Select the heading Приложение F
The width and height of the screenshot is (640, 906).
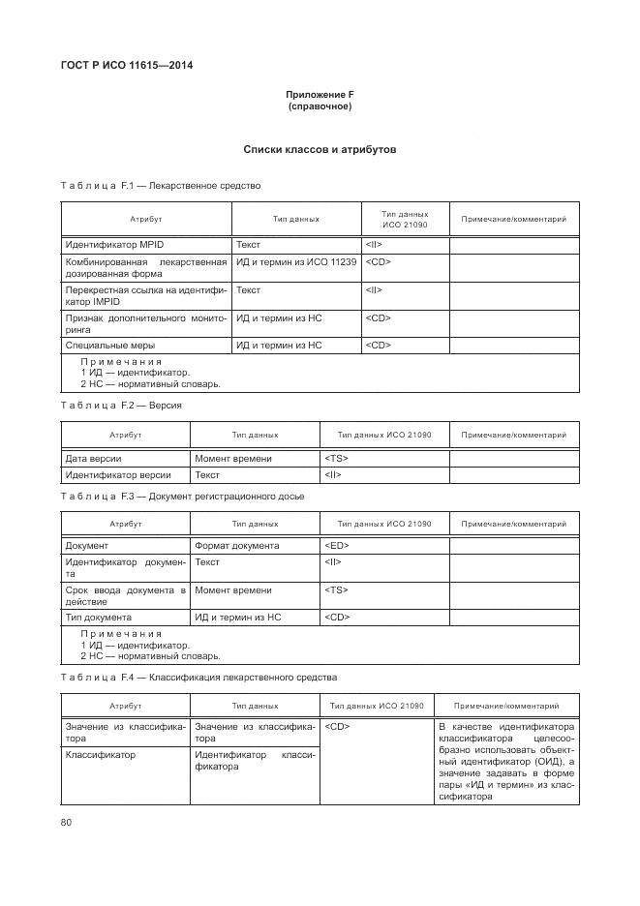click(320, 94)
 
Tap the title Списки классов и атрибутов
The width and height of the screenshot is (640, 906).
click(320, 150)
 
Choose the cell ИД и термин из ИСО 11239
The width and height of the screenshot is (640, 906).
click(296, 262)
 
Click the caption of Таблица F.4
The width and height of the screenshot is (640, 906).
click(198, 678)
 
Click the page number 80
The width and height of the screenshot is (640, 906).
click(67, 822)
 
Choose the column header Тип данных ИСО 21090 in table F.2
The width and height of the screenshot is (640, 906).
click(384, 436)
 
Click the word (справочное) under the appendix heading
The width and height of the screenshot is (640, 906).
click(320, 106)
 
